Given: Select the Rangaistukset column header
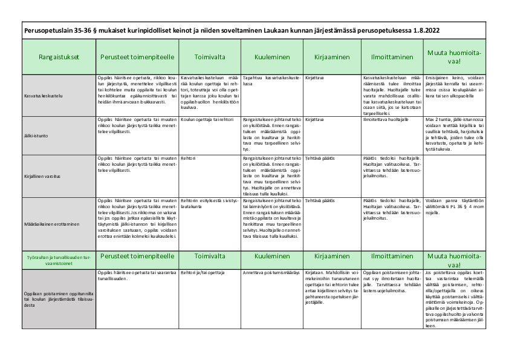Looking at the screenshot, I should pos(59,57).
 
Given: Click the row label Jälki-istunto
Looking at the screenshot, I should pos(37,136).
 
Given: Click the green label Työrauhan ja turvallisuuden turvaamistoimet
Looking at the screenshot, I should pos(59,260).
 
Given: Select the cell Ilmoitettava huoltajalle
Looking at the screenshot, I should pos(387,120).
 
